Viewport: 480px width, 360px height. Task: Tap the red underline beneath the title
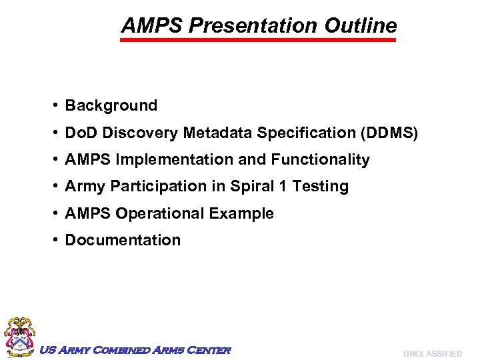pos(258,40)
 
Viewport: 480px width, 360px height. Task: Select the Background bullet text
pos(111,105)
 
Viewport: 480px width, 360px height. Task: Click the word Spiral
pos(251,187)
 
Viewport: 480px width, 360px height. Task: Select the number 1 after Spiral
pos(283,187)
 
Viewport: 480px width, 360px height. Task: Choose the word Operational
pos(164,214)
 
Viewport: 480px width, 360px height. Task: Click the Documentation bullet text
pos(123,240)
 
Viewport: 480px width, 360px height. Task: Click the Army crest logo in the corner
pos(19,336)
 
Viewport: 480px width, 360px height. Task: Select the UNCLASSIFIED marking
pos(433,353)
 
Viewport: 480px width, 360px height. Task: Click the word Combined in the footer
pos(119,350)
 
